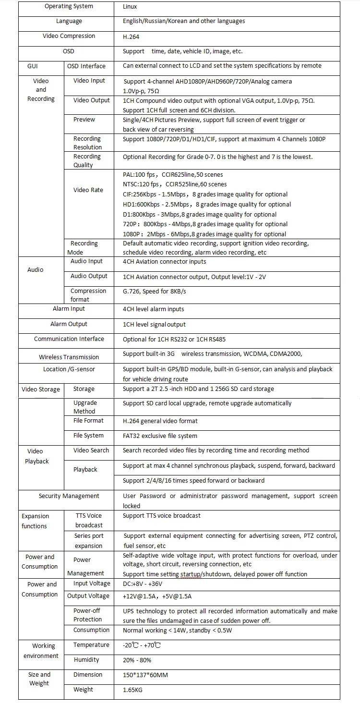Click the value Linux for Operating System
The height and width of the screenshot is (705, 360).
point(130,7)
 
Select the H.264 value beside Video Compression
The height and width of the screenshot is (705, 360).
point(131,36)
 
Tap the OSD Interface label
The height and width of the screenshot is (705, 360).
point(86,66)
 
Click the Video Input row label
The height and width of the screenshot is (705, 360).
point(89,81)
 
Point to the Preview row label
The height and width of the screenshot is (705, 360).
point(84,120)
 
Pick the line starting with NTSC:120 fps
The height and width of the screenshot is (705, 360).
point(175,184)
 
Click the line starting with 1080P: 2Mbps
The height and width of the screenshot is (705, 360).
point(204,234)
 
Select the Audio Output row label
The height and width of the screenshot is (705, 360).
point(89,276)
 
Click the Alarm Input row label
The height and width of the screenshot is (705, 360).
point(69,309)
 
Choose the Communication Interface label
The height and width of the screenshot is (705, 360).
point(69,339)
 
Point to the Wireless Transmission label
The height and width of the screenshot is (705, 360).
point(69,357)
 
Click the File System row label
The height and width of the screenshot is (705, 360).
point(88,436)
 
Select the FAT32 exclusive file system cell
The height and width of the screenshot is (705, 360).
point(160,436)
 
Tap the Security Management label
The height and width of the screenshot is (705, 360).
point(69,496)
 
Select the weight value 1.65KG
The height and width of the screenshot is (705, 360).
point(132,690)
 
